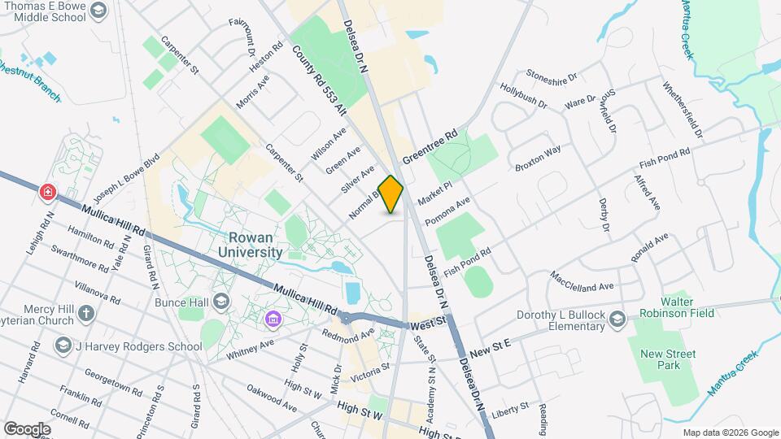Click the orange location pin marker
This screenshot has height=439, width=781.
pos(391,194)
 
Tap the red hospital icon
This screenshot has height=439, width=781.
pos(48,192)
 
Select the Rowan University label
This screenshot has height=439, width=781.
pos(250,245)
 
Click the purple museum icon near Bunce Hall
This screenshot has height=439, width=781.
pos(271,322)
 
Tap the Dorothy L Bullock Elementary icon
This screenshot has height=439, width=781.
pos(617,317)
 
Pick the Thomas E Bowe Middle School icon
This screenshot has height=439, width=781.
pos(98,11)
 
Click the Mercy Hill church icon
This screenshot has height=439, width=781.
pos(86,314)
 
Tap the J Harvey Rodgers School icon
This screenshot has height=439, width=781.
pos(63,346)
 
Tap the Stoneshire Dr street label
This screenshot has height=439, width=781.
pos(552,76)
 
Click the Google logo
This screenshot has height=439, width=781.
pos(27,428)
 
